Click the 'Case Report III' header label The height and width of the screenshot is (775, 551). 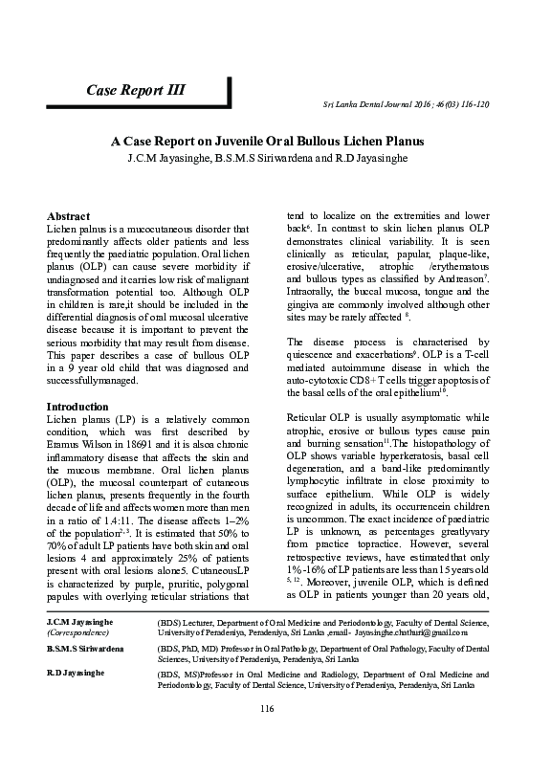[x=136, y=91]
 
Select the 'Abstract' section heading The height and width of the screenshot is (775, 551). [x=68, y=217]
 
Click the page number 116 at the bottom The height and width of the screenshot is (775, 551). [x=275, y=734]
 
